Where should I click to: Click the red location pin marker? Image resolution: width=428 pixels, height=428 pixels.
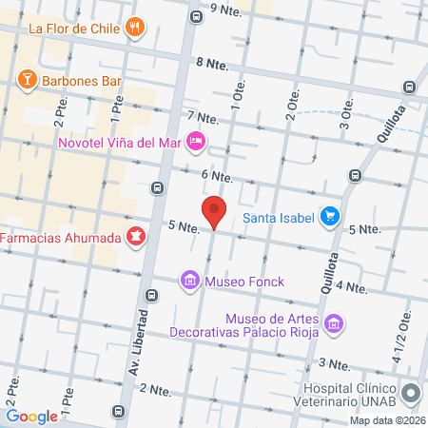point(214,211)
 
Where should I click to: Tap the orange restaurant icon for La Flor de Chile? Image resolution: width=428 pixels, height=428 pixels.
point(136,27)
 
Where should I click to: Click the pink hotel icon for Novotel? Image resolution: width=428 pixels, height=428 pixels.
point(195,142)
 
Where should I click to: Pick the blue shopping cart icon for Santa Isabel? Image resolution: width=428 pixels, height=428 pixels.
point(329,216)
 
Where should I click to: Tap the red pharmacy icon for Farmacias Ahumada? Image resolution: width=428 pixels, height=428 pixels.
point(135,234)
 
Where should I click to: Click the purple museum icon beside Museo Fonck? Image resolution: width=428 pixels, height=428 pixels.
point(189,281)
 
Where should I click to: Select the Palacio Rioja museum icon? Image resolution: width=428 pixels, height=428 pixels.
point(333,325)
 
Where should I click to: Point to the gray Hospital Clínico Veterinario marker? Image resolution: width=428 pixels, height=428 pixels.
point(411,393)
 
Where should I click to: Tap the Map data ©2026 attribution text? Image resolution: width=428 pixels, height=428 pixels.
point(386,420)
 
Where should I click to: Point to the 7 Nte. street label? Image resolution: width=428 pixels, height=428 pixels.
point(203,118)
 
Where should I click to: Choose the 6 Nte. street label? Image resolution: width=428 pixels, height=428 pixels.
point(217,176)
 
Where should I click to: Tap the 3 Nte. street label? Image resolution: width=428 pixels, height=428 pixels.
point(335,363)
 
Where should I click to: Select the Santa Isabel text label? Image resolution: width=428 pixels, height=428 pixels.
point(278,216)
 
